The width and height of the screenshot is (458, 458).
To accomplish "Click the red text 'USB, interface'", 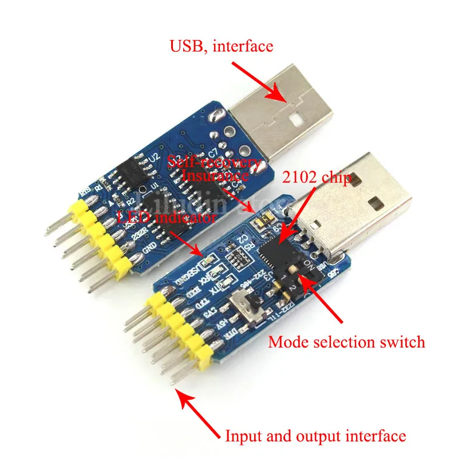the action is coord(221,45).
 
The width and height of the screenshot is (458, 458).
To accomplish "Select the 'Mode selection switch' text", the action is coord(346,342).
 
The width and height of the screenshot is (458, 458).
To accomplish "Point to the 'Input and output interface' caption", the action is coord(315,436).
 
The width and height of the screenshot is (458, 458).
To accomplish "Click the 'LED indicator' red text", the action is coord(167,218).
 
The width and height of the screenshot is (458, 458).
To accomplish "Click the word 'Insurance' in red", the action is coord(215,176).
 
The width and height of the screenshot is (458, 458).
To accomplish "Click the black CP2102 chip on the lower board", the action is coord(275,252).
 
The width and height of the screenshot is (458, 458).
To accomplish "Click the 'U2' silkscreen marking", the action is coord(153,156).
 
